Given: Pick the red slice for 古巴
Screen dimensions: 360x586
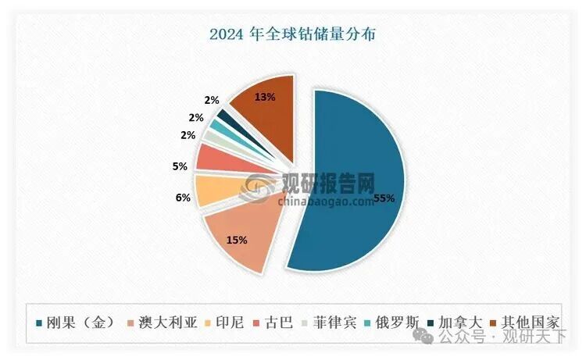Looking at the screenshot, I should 209,159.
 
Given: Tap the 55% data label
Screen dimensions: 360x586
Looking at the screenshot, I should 383,198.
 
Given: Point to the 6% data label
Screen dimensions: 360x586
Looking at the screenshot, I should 183,198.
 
